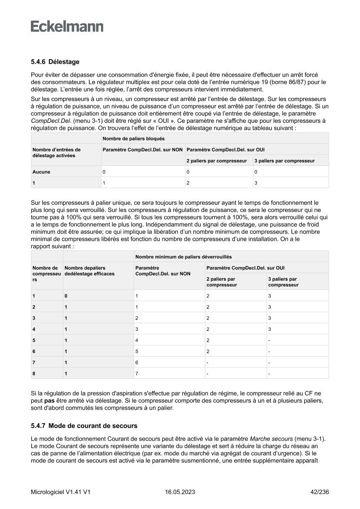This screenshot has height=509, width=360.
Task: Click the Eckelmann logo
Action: click(x=67, y=27)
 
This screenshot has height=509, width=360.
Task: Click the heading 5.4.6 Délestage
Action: click(x=55, y=62)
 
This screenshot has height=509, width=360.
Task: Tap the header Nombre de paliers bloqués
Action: click(x=134, y=138)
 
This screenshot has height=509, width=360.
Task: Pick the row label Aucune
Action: click(x=41, y=172)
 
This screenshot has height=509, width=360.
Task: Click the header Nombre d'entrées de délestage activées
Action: click(x=56, y=152)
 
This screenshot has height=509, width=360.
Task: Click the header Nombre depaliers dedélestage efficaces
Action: click(x=89, y=270)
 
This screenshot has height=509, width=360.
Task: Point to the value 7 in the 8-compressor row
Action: click(x=137, y=374)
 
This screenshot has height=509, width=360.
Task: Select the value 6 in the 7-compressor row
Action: click(x=137, y=362)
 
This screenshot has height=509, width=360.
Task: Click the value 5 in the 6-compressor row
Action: click(x=137, y=351)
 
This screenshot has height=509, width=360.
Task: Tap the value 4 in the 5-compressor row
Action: click(x=137, y=340)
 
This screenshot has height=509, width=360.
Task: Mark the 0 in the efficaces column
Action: click(x=66, y=296)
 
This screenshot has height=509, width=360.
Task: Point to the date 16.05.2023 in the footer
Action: click(x=180, y=492)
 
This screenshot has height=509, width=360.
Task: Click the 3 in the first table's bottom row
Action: click(x=256, y=183)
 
